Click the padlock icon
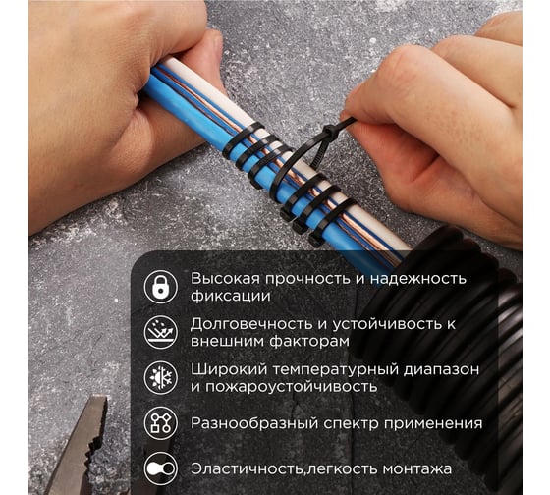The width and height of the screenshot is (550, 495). [161, 287]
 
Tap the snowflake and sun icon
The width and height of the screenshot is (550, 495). [161, 378]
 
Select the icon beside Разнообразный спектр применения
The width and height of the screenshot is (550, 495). [161, 423]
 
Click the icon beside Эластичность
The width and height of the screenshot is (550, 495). [161, 468]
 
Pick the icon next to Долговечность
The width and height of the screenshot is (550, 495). [161, 332]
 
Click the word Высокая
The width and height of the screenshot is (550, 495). [226, 278]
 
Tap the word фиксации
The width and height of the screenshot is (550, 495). [231, 296]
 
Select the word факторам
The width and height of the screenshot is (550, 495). [309, 341]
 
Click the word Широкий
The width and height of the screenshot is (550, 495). [229, 369]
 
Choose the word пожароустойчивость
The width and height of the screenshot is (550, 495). [291, 387]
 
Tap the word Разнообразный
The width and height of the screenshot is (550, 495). [254, 423]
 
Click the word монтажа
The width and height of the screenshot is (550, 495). [417, 469]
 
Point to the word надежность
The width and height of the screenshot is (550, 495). [418, 279]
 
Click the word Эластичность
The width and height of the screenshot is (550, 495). [247, 469]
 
